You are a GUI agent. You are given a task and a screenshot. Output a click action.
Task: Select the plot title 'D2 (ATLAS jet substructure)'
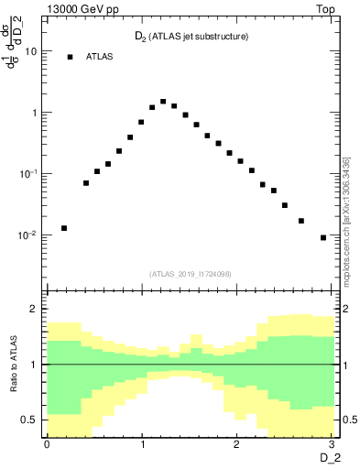point(187,37)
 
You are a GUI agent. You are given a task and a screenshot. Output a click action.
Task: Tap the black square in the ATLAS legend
point(70,57)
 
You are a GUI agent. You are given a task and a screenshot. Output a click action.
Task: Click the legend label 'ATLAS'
point(100,57)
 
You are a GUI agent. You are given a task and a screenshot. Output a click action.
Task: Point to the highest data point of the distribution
point(163,102)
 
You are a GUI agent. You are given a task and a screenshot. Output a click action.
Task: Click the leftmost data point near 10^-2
point(64,228)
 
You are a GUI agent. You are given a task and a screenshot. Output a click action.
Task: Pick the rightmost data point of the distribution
point(323,237)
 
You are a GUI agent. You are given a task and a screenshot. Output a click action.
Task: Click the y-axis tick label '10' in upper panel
point(31,51)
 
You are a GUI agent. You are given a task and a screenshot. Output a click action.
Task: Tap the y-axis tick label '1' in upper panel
point(34,113)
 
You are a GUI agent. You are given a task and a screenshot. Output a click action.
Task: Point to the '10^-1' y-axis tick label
point(27,173)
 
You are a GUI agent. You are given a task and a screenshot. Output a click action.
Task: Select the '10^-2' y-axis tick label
point(27,234)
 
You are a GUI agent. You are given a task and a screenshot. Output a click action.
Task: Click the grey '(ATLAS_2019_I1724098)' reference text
point(191,274)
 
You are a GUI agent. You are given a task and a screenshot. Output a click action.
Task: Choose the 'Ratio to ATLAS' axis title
point(12,365)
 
